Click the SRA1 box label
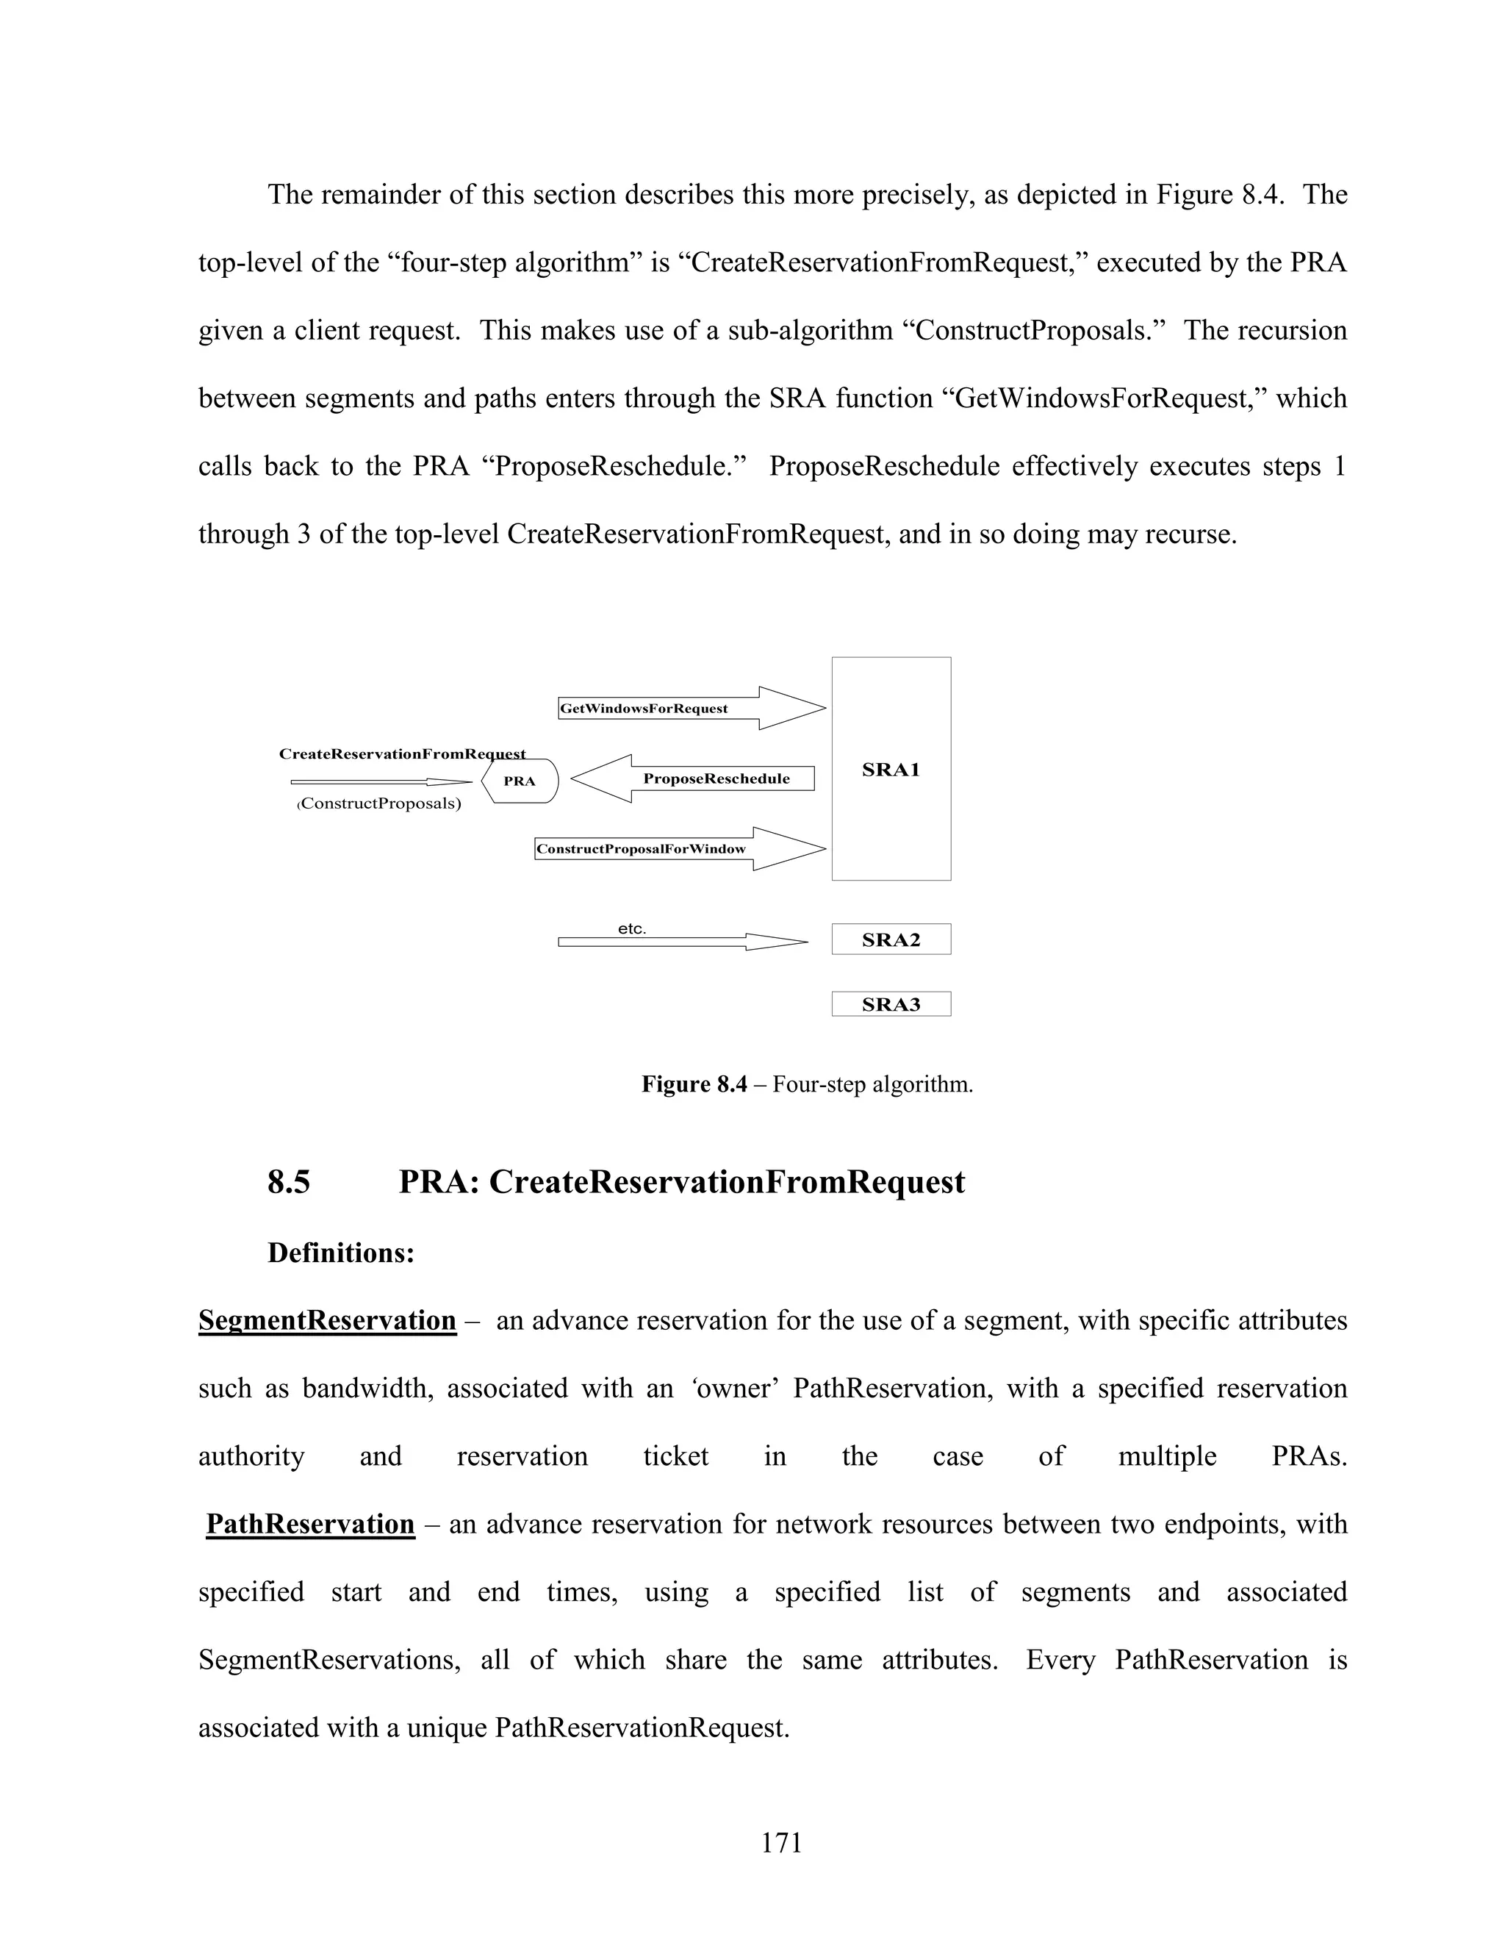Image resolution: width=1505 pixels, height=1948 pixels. (x=890, y=770)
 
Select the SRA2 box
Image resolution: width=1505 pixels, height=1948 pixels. (x=891, y=939)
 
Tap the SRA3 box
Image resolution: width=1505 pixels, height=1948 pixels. (x=891, y=1004)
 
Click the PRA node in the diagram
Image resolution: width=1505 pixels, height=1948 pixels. (x=520, y=781)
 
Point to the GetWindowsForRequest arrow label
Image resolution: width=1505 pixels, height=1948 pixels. (x=644, y=709)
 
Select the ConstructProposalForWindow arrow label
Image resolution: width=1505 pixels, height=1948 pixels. (x=641, y=849)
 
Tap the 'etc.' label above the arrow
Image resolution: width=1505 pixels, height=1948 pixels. (x=631, y=928)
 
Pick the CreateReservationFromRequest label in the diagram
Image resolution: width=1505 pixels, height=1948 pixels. (x=401, y=753)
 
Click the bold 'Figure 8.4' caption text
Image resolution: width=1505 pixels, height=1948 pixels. (x=694, y=1084)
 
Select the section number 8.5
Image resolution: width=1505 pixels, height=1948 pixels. (x=288, y=1182)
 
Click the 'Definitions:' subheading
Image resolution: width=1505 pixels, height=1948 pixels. (x=340, y=1253)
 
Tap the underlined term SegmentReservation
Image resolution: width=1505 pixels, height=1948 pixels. (x=326, y=1320)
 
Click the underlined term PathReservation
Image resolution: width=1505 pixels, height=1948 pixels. (x=310, y=1525)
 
